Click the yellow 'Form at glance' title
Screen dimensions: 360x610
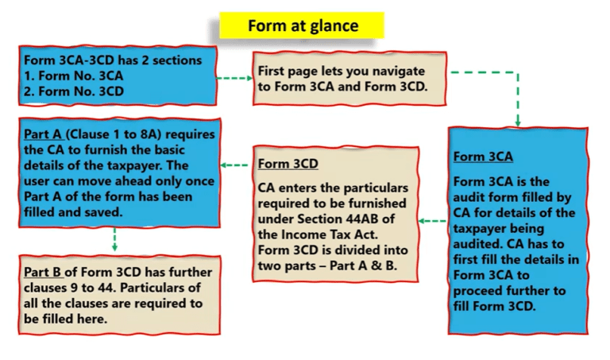coord(303,25)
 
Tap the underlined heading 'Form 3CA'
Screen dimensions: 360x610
coord(483,157)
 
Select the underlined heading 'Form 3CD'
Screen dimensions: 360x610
coord(288,165)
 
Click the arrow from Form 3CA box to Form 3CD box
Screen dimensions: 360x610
coord(432,221)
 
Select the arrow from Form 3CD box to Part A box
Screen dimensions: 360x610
coord(235,165)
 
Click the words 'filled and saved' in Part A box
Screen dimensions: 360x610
coord(71,212)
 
